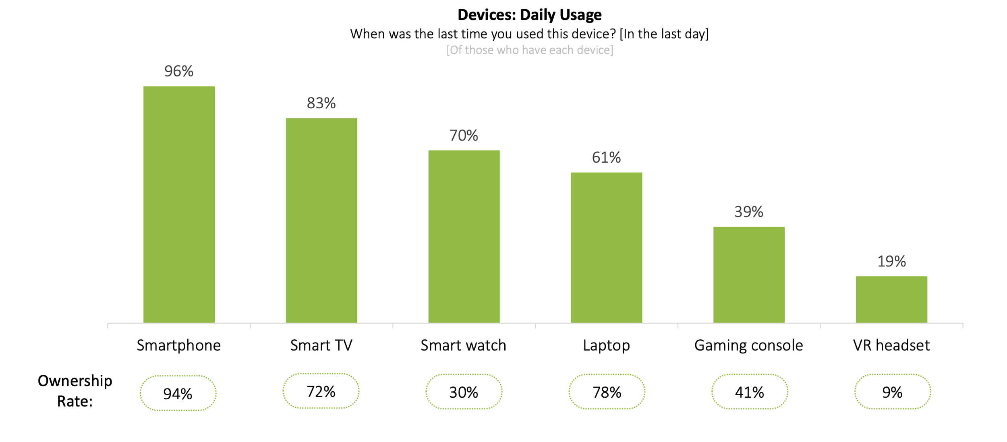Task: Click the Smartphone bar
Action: click(x=179, y=204)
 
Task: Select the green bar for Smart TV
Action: click(x=321, y=220)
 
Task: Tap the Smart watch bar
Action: click(x=464, y=236)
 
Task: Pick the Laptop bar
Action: click(x=606, y=247)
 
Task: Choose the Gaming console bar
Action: click(x=749, y=275)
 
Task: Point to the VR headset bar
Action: click(x=891, y=299)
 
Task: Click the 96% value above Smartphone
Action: click(x=179, y=71)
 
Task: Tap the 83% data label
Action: click(x=321, y=103)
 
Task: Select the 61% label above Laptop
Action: click(x=606, y=157)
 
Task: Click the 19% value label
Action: click(x=891, y=262)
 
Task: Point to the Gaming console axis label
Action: click(x=748, y=345)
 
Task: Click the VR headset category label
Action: click(x=891, y=345)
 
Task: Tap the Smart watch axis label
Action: click(x=463, y=345)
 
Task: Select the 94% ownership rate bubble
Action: click(x=178, y=393)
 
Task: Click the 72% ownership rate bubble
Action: click(x=321, y=391)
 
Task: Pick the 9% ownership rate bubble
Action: click(x=892, y=392)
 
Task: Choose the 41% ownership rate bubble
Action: click(x=749, y=392)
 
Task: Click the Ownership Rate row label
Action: click(x=75, y=391)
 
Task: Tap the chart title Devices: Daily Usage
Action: click(x=529, y=15)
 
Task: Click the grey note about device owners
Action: click(x=529, y=50)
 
